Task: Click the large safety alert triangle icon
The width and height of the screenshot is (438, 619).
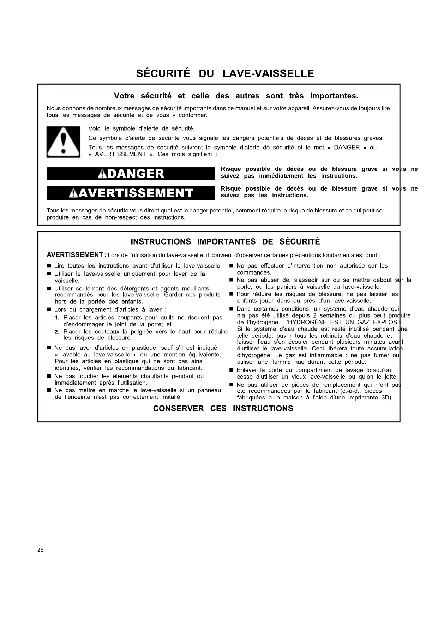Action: tap(63, 142)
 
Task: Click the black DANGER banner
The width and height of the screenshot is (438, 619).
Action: tap(131, 174)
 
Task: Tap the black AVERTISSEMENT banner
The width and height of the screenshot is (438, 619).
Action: tap(131, 193)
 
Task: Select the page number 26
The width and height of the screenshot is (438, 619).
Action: tap(40, 550)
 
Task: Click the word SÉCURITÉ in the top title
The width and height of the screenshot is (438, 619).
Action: tap(163, 73)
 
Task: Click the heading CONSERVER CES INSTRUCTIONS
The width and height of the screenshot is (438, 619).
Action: tap(223, 408)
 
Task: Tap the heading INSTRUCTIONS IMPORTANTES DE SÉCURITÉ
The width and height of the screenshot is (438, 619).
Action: tap(225, 242)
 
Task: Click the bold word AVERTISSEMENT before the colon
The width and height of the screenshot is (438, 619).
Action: tap(74, 255)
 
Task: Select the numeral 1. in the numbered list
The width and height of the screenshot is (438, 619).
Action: tap(57, 318)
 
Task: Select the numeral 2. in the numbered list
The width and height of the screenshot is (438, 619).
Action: tap(57, 332)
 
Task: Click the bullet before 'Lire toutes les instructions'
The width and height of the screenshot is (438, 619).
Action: tap(49, 266)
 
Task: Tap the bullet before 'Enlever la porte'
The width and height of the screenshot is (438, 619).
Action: tap(231, 370)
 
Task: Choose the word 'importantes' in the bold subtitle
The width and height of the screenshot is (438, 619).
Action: tap(334, 96)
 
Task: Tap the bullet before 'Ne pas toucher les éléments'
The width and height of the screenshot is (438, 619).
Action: tap(49, 376)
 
